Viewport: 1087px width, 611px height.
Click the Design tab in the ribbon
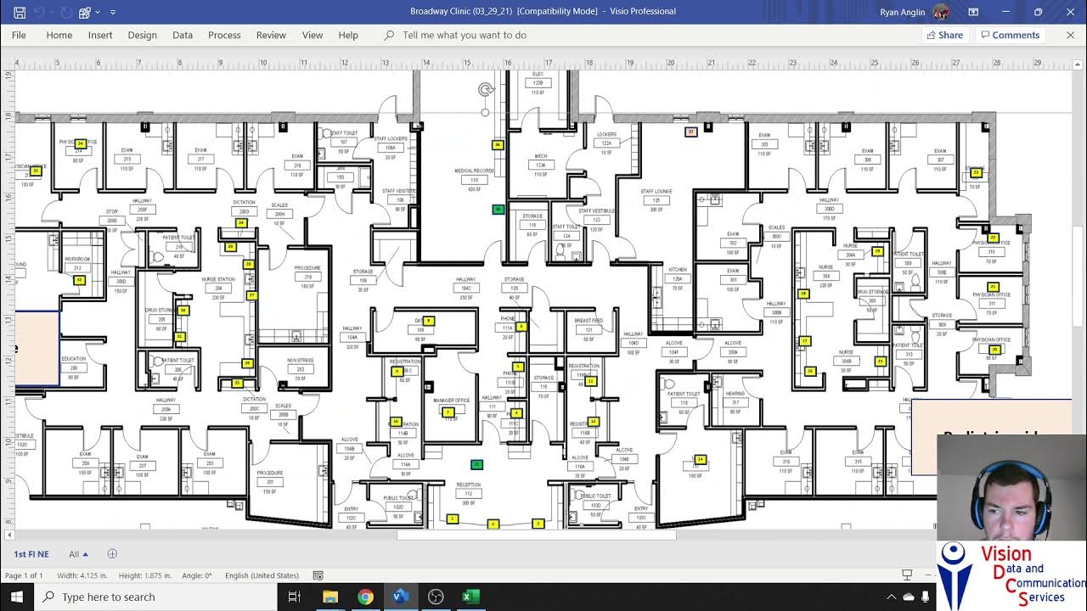pyautogui.click(x=142, y=35)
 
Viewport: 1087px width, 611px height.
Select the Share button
pyautogui.click(x=944, y=35)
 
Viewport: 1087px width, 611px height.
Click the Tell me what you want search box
pyautogui.click(x=464, y=35)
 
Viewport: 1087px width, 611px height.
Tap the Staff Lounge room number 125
pyautogui.click(x=656, y=200)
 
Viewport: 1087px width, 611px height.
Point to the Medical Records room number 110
pyautogui.click(x=474, y=180)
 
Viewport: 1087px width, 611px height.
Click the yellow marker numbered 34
pyautogui.click(x=80, y=143)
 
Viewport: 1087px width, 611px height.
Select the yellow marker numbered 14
pyautogui.click(x=701, y=460)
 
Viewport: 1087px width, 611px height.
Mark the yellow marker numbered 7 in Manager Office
pyautogui.click(x=448, y=412)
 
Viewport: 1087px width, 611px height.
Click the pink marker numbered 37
pyautogui.click(x=690, y=132)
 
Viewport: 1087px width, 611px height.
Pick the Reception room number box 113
pyautogui.click(x=469, y=493)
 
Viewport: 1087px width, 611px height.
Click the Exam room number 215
pyautogui.click(x=127, y=160)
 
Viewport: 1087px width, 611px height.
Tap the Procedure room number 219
pyautogui.click(x=307, y=277)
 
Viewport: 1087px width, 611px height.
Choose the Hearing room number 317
pyautogui.click(x=735, y=402)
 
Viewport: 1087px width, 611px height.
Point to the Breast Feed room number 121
pyautogui.click(x=589, y=329)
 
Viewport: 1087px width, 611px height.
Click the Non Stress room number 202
pyautogui.click(x=300, y=369)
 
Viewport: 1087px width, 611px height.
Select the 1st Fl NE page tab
pyautogui.click(x=31, y=554)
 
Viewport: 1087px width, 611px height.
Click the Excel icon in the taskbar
pyautogui.click(x=470, y=597)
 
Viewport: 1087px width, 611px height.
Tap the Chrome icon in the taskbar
pyautogui.click(x=365, y=597)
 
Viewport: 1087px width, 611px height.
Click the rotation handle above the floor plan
pyautogui.click(x=485, y=89)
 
